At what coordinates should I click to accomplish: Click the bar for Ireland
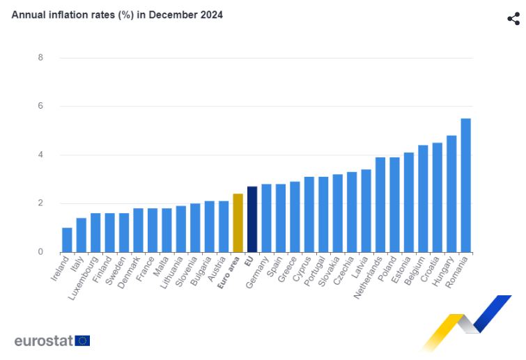[x=67, y=240]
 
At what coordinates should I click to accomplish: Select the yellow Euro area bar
[x=238, y=223]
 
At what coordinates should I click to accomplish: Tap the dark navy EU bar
[x=252, y=219]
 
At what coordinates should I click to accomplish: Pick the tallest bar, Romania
[x=465, y=185]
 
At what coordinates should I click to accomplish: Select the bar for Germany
[x=266, y=218]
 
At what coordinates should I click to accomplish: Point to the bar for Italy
[x=81, y=235]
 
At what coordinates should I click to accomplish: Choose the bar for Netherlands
[x=380, y=205]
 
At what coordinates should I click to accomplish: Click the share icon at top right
[x=513, y=19]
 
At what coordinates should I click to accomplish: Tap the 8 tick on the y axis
[x=40, y=58]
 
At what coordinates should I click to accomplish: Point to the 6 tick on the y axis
[x=40, y=106]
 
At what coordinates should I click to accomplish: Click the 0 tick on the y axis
[x=40, y=252]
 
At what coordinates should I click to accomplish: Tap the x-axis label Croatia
[x=429, y=272]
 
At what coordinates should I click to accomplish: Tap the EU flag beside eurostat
[x=83, y=341]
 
